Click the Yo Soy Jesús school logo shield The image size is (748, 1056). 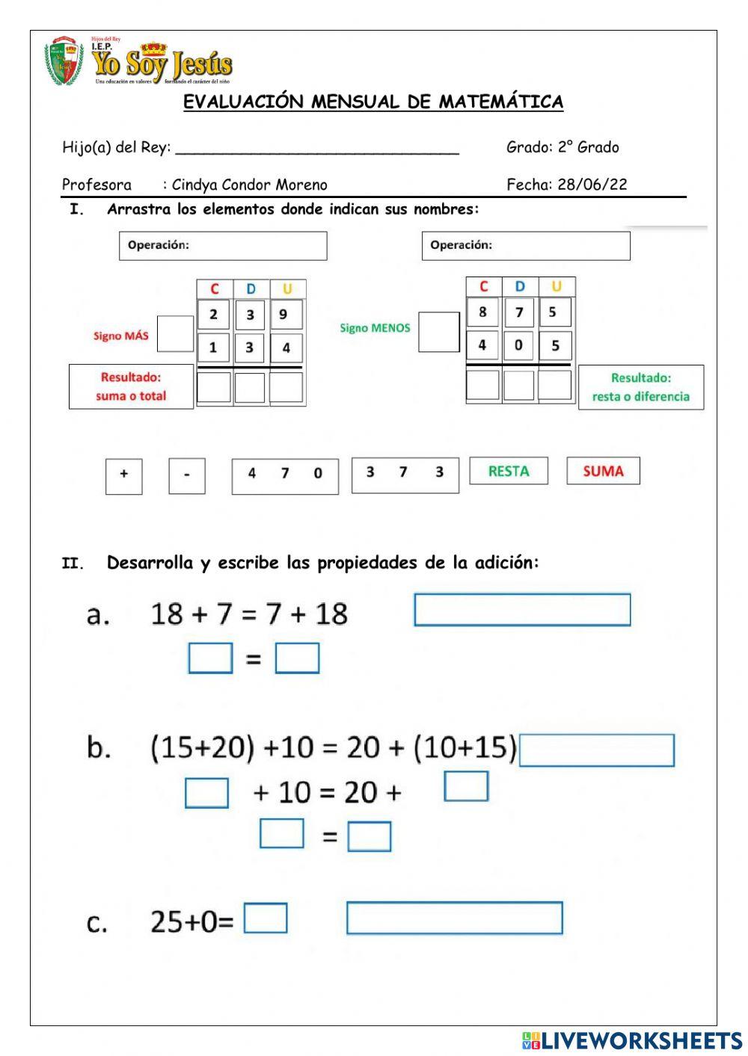click(x=64, y=61)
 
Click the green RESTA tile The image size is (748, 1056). click(x=509, y=471)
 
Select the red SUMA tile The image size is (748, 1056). click(x=603, y=471)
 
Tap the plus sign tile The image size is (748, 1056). click(x=124, y=475)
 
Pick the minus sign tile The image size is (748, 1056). click(x=187, y=475)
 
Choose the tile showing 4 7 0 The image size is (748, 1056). click(x=285, y=475)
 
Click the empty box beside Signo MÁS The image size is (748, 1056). click(x=176, y=333)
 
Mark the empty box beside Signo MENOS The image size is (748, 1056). click(x=439, y=332)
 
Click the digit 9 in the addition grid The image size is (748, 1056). click(x=284, y=315)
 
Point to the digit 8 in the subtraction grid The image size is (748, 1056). click(x=482, y=312)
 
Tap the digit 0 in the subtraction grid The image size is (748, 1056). click(x=518, y=345)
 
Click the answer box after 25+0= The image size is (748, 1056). click(x=266, y=918)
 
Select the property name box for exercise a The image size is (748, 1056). click(x=522, y=610)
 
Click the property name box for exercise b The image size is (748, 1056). click(x=597, y=750)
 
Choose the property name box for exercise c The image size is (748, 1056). click(x=454, y=918)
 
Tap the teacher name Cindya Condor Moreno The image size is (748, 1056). click(x=249, y=185)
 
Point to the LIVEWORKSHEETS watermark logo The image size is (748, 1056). click(x=632, y=1041)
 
